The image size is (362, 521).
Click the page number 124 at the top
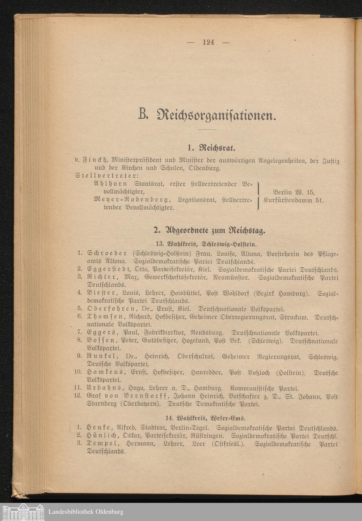[209, 42]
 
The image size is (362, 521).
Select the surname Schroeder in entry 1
[107, 253]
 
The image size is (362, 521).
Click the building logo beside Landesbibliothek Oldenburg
[22, 512]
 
